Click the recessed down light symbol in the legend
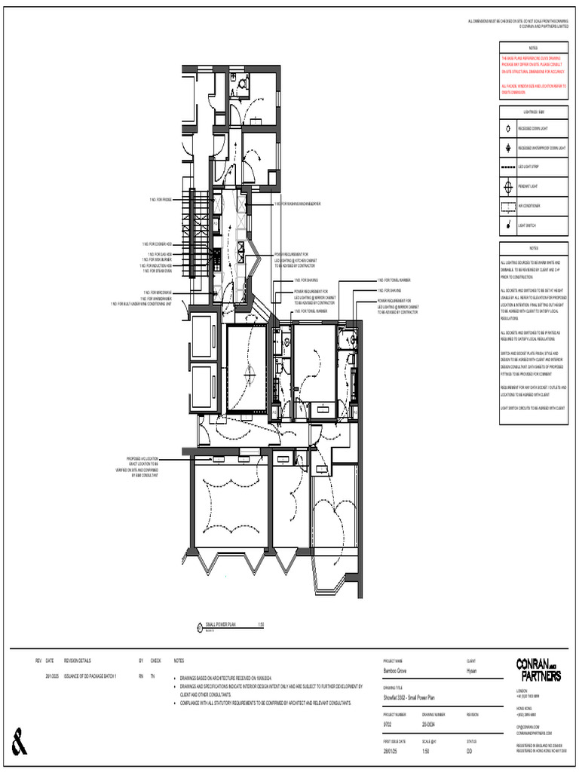[x=509, y=128]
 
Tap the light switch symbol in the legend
[x=509, y=224]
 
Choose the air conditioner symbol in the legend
[x=509, y=205]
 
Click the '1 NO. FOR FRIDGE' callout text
[x=161, y=199]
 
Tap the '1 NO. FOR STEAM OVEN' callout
[x=158, y=271]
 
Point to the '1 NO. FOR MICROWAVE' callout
[x=158, y=293]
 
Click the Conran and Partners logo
[x=538, y=669]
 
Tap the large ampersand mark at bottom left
[x=20, y=742]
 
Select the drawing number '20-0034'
[x=430, y=725]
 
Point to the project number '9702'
[x=388, y=725]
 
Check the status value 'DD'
[x=470, y=752]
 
